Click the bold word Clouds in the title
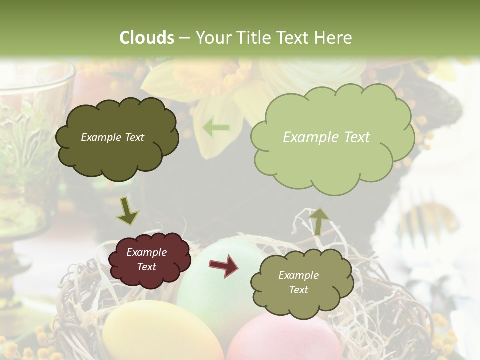[x=147, y=38]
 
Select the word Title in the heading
[x=255, y=38]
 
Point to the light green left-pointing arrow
[x=216, y=128]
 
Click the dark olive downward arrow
[x=128, y=210]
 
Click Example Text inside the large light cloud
[x=326, y=137]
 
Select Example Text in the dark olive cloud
[x=112, y=137]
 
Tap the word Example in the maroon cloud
[x=146, y=252]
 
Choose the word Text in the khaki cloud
[x=298, y=290]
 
